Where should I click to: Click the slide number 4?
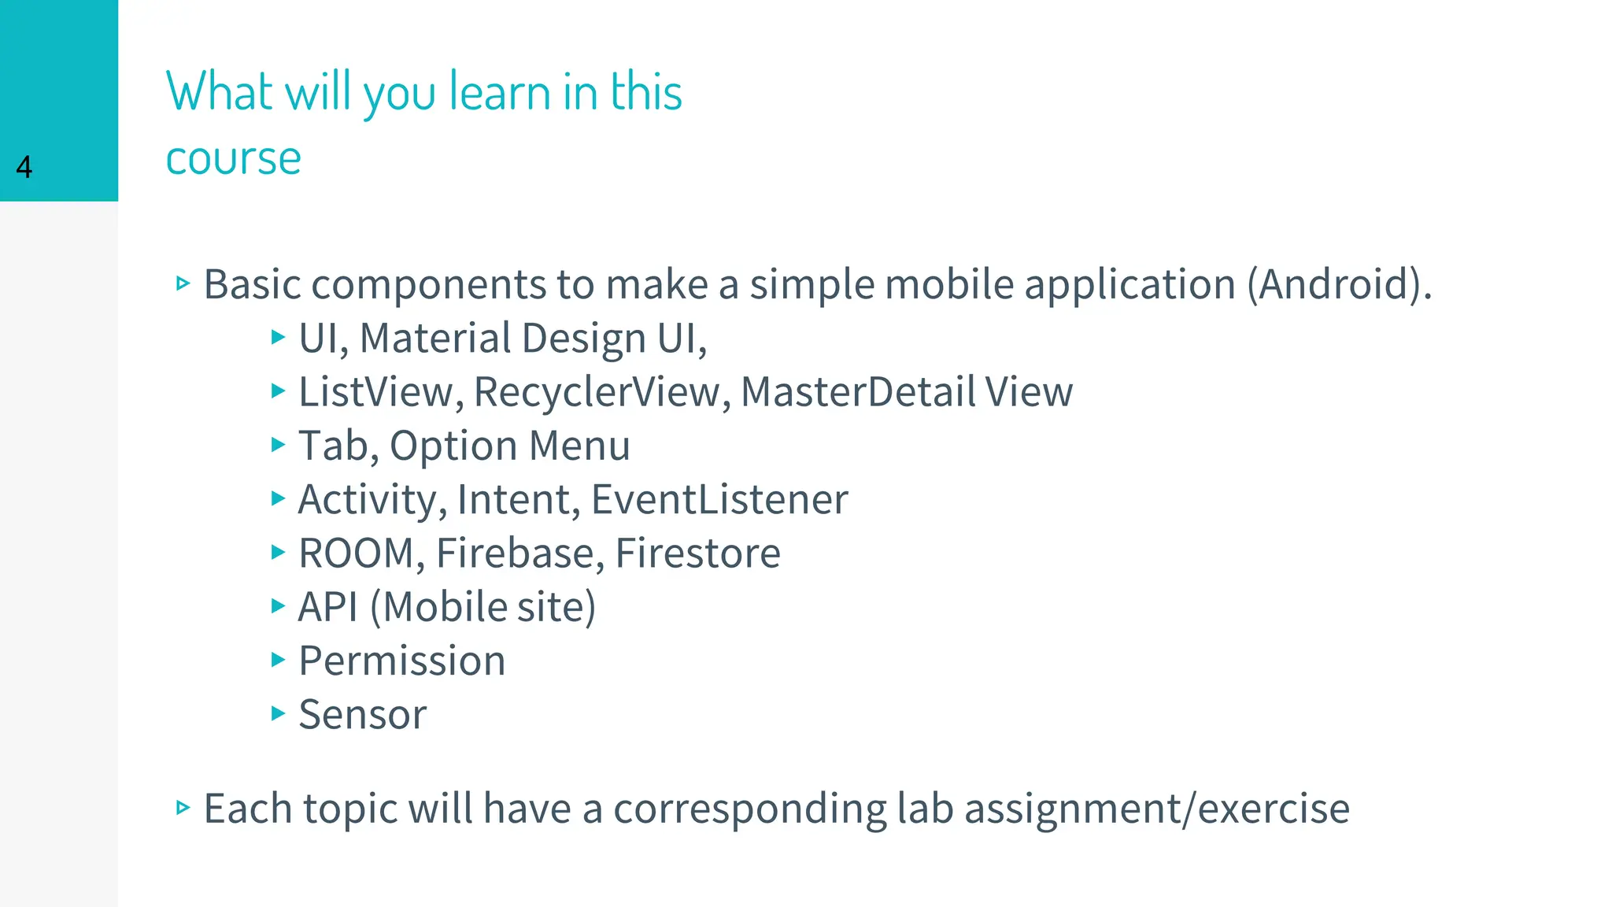pos(24,167)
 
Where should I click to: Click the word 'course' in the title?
pos(233,158)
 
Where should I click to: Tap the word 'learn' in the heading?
pos(500,91)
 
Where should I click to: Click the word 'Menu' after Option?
pos(579,446)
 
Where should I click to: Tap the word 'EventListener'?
pos(719,500)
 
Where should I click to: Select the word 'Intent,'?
pos(519,500)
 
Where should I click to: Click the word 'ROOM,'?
pos(362,553)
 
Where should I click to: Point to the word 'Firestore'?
pos(698,553)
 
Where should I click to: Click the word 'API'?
pos(328,607)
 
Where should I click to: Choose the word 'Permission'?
pos(402,661)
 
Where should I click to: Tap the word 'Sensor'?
pos(363,715)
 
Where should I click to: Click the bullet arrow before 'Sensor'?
pos(277,713)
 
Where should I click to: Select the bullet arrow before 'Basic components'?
pos(183,283)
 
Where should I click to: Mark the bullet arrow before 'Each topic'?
pos(183,807)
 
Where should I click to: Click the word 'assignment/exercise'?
pos(1157,809)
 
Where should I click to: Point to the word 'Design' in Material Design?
pos(583,339)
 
